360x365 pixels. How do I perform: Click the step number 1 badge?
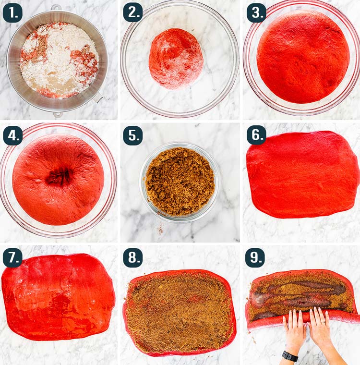(12, 13)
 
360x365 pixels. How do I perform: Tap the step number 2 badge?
(132, 12)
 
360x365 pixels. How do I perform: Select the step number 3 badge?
(256, 13)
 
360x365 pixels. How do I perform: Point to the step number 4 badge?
(13, 136)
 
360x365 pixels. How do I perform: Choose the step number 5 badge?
(132, 136)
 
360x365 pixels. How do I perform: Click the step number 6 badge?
(256, 135)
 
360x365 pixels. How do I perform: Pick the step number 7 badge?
(12, 258)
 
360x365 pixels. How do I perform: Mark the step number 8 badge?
(132, 258)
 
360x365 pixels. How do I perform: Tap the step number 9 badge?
(255, 258)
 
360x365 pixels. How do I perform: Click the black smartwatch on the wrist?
(290, 356)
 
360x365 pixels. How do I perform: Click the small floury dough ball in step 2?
(176, 59)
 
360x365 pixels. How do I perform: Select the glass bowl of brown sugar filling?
(180, 182)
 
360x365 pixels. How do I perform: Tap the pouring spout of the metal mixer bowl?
(97, 97)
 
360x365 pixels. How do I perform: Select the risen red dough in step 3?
(303, 57)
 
